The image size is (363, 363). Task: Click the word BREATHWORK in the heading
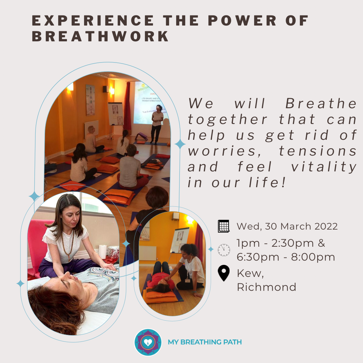point(100,36)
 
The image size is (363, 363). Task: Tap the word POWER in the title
point(242,21)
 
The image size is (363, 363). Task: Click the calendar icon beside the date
point(224,226)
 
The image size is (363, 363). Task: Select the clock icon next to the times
point(224,250)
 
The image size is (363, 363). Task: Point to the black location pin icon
point(224,273)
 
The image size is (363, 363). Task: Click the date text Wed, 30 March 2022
point(287,227)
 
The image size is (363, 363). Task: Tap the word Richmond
point(267,287)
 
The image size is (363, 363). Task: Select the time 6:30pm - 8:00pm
point(286,257)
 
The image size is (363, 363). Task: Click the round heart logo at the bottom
point(148,342)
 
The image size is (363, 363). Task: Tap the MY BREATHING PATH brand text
point(205,342)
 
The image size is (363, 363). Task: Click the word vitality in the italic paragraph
point(324,167)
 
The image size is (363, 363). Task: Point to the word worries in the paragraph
point(224,151)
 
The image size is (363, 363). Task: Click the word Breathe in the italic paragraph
point(321,103)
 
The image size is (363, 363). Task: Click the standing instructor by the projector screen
point(157,125)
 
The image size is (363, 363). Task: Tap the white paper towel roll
point(102,251)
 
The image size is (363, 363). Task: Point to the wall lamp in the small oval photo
point(190,220)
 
